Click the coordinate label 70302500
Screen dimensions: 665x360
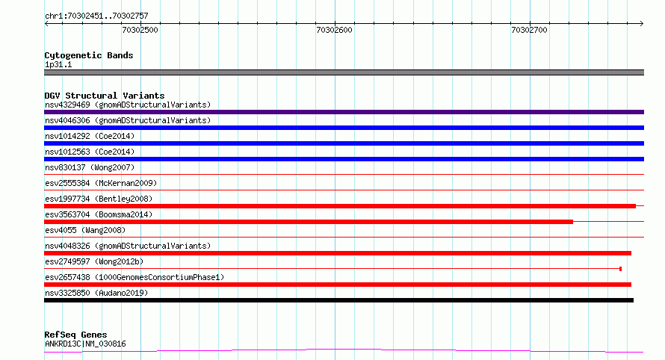[x=140, y=30]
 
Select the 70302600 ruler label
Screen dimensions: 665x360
[x=334, y=30]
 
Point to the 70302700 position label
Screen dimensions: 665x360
[x=529, y=30]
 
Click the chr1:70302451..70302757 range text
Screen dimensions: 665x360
[x=96, y=16]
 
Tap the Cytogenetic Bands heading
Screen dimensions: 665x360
[x=89, y=55]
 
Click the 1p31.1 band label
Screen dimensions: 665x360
[x=58, y=64]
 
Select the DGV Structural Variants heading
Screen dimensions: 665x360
[x=105, y=96]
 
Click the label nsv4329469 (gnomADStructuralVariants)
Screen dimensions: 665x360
[x=128, y=105]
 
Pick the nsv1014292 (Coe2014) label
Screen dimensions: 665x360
[x=90, y=136]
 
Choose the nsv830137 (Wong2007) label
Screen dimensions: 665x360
[x=90, y=167]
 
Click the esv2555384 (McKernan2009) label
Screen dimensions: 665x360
[x=101, y=183]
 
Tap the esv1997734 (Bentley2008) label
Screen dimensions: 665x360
[x=99, y=199]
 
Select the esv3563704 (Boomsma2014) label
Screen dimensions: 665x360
[x=99, y=214]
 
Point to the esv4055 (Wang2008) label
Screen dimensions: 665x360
[x=85, y=230]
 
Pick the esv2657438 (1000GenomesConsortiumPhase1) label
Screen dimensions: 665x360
[x=134, y=277]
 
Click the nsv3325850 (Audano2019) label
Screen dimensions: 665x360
[x=96, y=293]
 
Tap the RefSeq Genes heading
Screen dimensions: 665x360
[x=75, y=335]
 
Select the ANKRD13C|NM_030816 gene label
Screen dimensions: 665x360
[x=85, y=344]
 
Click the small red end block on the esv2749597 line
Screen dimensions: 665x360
[x=620, y=269]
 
